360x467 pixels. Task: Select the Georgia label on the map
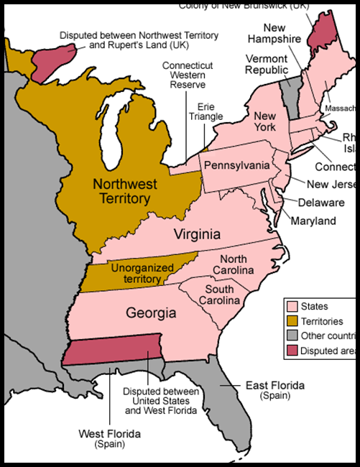[151, 313]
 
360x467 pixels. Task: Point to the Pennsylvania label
[236, 166]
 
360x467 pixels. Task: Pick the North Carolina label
[237, 264]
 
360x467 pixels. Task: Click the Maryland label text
[313, 221]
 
